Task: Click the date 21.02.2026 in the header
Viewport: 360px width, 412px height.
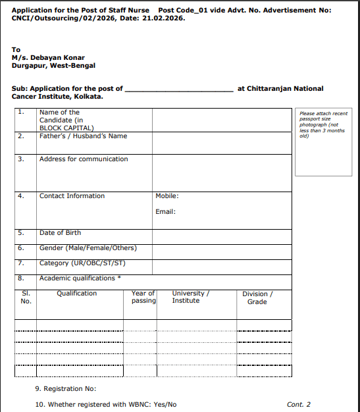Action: coord(163,18)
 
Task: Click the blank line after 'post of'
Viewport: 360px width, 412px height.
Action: coord(178,90)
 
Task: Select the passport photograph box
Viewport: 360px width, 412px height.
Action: coord(324,141)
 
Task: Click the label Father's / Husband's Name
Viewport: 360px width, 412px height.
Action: coord(83,136)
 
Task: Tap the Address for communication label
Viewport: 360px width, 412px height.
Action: coord(84,159)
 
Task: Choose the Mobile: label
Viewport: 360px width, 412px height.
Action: coord(167,196)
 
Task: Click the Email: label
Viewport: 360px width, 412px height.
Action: coord(165,212)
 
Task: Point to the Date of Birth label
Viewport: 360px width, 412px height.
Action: coord(61,233)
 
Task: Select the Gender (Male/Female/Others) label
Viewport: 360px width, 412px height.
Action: coord(88,248)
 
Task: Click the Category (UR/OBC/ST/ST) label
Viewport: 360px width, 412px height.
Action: coord(82,263)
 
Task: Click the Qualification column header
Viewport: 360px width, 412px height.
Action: coord(76,294)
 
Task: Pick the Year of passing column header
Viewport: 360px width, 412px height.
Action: coord(143,297)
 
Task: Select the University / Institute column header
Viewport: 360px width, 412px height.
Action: coord(190,297)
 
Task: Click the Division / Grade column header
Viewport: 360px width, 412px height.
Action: coord(257,298)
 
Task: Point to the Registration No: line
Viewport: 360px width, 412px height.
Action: coord(65,390)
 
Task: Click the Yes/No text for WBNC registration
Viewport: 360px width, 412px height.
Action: coord(165,405)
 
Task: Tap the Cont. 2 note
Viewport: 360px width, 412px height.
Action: coord(299,405)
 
